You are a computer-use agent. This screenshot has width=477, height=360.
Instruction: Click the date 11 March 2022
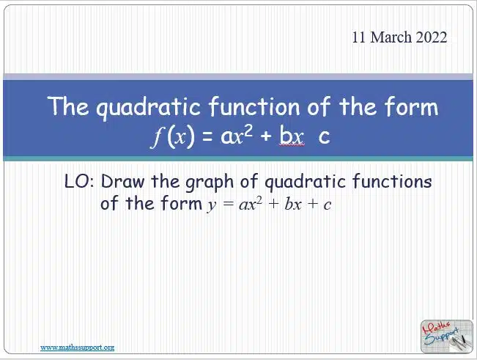point(399,37)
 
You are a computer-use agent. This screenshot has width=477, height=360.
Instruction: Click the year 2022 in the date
point(432,37)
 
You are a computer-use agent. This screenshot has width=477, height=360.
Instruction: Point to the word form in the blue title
point(411,106)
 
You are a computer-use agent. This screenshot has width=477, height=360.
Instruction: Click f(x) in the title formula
point(173,136)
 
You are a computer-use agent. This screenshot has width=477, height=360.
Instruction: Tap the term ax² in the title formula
point(237,136)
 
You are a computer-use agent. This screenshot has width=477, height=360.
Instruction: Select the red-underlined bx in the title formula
point(292,136)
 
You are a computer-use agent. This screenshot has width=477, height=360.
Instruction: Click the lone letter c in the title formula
point(324,137)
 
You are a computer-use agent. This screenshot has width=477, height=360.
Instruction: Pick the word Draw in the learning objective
point(122,181)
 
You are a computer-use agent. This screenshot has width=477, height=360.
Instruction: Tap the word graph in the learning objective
point(210,183)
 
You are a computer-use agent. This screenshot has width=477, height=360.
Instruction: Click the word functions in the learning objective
point(392,181)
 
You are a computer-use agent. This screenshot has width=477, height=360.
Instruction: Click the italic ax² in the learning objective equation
point(250,204)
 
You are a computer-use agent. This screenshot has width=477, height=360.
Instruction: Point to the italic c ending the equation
point(327,205)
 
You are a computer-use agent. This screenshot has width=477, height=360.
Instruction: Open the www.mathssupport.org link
point(77,348)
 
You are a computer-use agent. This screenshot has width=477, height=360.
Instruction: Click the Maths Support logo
point(446,337)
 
